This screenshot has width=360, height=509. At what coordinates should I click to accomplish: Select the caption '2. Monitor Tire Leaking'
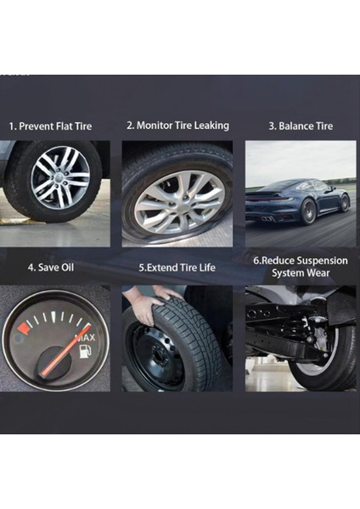[x=177, y=125]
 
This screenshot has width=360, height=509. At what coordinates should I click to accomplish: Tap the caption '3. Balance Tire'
[x=301, y=126]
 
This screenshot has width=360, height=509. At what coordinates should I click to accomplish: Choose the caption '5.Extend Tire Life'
[x=177, y=267]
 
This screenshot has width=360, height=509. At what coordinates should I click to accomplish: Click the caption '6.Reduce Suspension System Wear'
[x=301, y=266]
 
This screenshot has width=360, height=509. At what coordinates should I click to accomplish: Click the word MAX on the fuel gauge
[x=85, y=338]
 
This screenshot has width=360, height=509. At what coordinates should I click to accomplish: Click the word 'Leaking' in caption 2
[x=211, y=125]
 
